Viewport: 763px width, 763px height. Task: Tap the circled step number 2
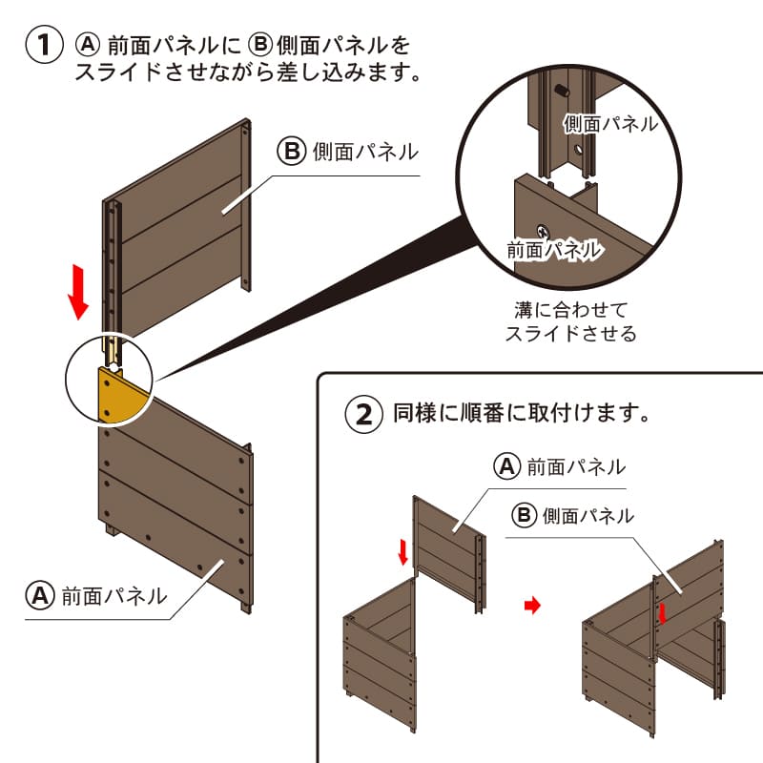363,414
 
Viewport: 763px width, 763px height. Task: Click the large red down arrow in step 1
79,292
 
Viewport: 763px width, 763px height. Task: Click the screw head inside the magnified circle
543,231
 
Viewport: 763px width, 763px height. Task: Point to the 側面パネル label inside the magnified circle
609,123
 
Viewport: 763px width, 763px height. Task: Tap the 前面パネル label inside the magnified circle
553,251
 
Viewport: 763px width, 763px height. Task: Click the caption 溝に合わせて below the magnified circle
570,310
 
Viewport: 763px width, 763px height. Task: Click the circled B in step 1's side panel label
292,151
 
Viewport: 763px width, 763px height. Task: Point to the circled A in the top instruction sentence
89,45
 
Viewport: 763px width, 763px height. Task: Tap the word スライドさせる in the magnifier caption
570,334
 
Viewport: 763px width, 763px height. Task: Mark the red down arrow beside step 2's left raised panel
403,550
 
